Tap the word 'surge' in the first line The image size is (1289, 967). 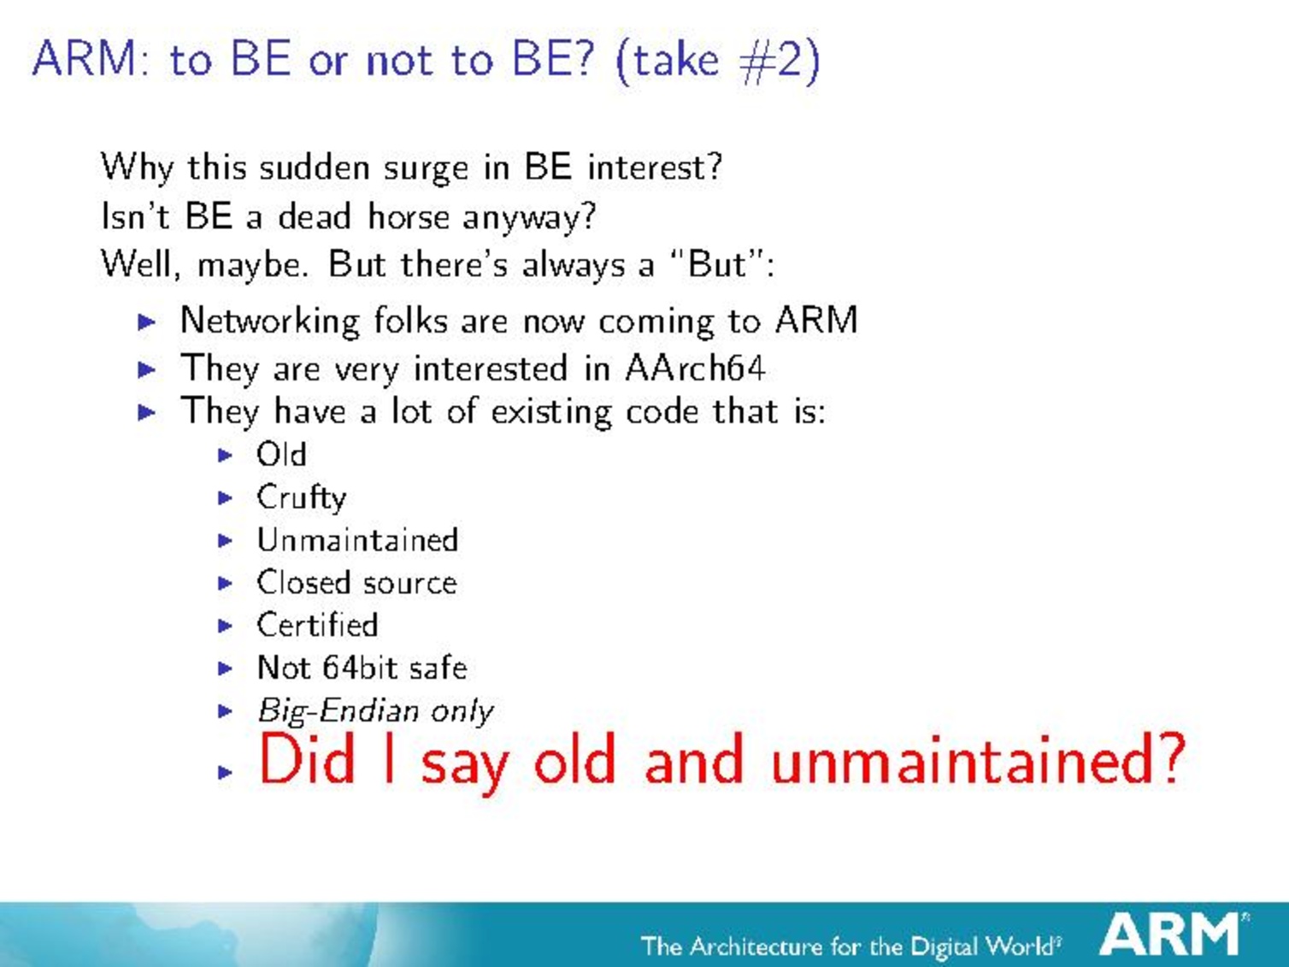point(426,169)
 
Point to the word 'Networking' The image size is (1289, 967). point(270,321)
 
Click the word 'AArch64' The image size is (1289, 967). point(695,369)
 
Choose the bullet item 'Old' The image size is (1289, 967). point(281,454)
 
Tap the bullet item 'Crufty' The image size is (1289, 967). point(301,498)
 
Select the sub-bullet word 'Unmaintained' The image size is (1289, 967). point(357,540)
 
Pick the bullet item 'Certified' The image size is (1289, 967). point(317,624)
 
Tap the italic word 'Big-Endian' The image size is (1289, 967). point(338,711)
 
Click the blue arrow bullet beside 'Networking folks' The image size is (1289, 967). point(146,321)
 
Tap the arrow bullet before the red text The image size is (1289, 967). point(225,771)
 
